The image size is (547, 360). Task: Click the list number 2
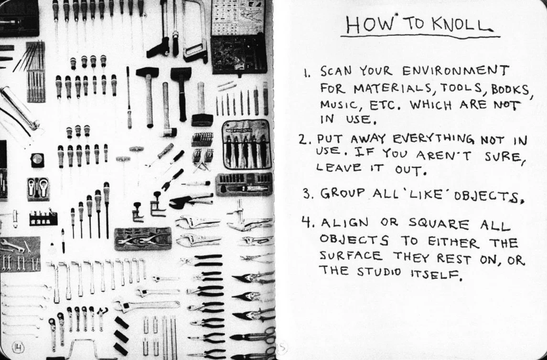click(303, 140)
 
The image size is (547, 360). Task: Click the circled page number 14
click(18, 347)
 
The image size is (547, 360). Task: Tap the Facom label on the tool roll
click(242, 131)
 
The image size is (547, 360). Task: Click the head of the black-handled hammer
click(181, 74)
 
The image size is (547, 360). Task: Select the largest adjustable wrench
click(147, 306)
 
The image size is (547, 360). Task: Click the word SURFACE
click(351, 256)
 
